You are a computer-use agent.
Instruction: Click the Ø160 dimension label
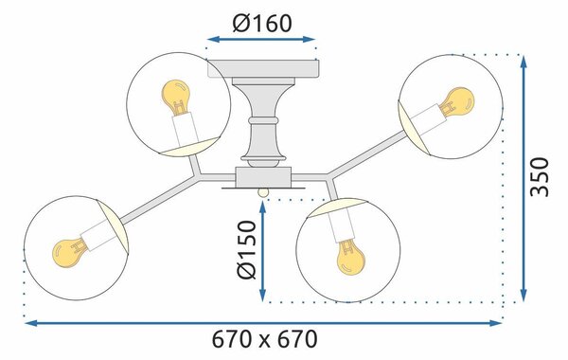(262, 23)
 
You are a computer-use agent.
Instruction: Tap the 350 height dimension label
(539, 177)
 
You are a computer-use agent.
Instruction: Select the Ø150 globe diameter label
(247, 250)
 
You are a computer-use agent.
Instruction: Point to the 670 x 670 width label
(264, 339)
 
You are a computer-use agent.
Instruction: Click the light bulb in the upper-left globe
(176, 96)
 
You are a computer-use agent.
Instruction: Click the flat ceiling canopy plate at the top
(263, 68)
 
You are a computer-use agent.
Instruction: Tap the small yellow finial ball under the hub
(263, 192)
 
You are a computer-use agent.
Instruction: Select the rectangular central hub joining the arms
(263, 177)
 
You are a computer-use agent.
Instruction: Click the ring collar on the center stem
(263, 120)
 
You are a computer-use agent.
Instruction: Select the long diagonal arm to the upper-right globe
(367, 153)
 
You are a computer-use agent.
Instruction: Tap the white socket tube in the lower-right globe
(341, 226)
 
